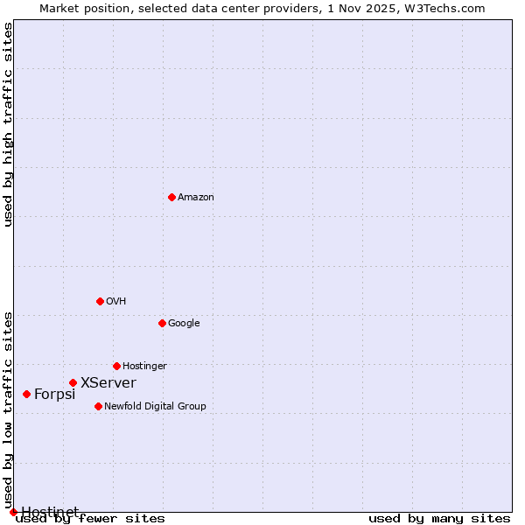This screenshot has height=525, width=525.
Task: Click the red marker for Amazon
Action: [x=171, y=197]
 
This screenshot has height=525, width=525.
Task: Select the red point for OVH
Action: [x=100, y=301]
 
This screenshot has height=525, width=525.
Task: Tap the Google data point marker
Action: [x=162, y=323]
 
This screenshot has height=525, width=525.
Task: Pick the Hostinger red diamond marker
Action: [x=116, y=366]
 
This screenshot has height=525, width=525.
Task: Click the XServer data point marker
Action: [x=73, y=382]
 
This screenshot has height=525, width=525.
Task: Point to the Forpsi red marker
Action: [x=26, y=394]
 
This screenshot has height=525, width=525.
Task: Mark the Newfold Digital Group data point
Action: [x=98, y=406]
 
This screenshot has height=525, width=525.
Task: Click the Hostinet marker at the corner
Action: [x=13, y=512]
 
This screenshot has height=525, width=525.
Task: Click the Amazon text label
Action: [x=195, y=198]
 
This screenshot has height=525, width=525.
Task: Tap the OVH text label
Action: [x=116, y=302]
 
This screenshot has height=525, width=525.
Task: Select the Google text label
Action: [x=184, y=324]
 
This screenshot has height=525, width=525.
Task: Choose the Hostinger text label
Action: [x=144, y=367]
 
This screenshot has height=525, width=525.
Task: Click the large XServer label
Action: [x=108, y=383]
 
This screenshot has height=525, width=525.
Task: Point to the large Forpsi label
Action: [x=55, y=395]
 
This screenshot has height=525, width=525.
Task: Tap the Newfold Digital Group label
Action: [x=155, y=407]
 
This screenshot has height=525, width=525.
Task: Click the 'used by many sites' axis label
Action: [x=439, y=519]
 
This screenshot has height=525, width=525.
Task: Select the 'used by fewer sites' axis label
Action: [x=90, y=519]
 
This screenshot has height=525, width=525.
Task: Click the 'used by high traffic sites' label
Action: [x=9, y=124]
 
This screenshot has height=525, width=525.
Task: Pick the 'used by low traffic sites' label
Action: [x=9, y=409]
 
